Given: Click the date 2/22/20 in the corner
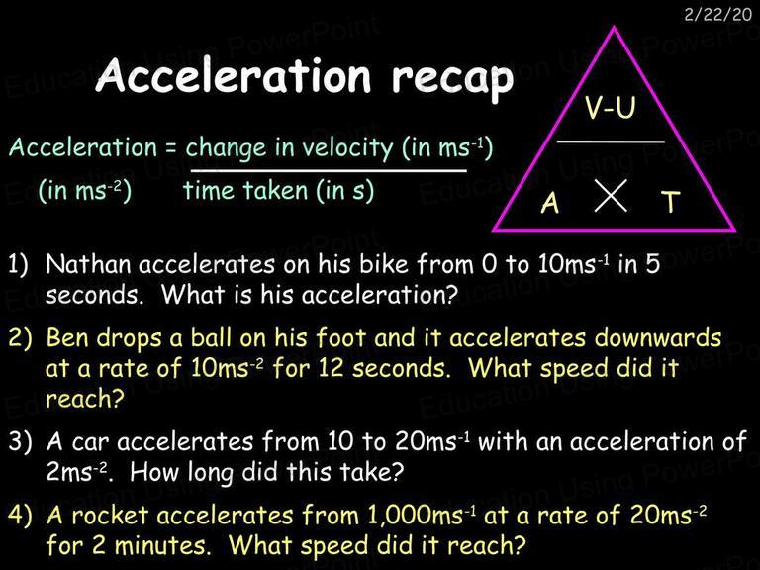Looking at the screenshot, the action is pyautogui.click(x=717, y=14).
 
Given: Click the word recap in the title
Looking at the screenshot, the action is pyautogui.click(x=452, y=77).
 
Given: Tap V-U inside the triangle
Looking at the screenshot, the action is pyautogui.click(x=610, y=107).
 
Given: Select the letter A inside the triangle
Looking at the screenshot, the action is pyautogui.click(x=550, y=202).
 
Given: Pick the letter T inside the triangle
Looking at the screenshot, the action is pyautogui.click(x=671, y=202).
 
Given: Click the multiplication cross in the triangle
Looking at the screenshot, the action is pyautogui.click(x=611, y=195).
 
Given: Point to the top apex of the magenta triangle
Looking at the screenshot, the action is pyautogui.click(x=615, y=27).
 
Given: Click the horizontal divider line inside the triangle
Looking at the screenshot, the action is pyautogui.click(x=611, y=142).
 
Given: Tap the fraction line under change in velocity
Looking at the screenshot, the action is pyautogui.click(x=329, y=170).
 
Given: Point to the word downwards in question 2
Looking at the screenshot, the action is pyautogui.click(x=658, y=337).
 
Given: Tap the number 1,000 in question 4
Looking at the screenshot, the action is pyautogui.click(x=397, y=516).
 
